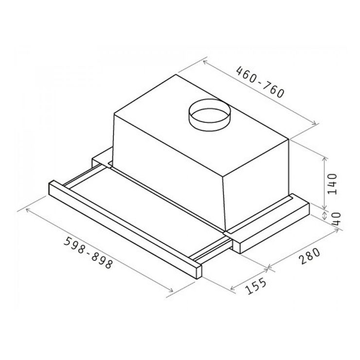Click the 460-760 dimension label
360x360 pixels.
pyautogui.click(x=261, y=82)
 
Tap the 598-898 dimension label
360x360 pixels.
pyautogui.click(x=89, y=252)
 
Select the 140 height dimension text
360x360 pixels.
pyautogui.click(x=332, y=184)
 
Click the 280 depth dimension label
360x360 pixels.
pyautogui.click(x=309, y=256)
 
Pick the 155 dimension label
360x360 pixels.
pyautogui.click(x=256, y=286)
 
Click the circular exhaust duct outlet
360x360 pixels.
pyautogui.click(x=209, y=115)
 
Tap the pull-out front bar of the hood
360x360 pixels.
pyautogui.click(x=125, y=229)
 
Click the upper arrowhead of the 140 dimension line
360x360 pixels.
pyautogui.click(x=325, y=159)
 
